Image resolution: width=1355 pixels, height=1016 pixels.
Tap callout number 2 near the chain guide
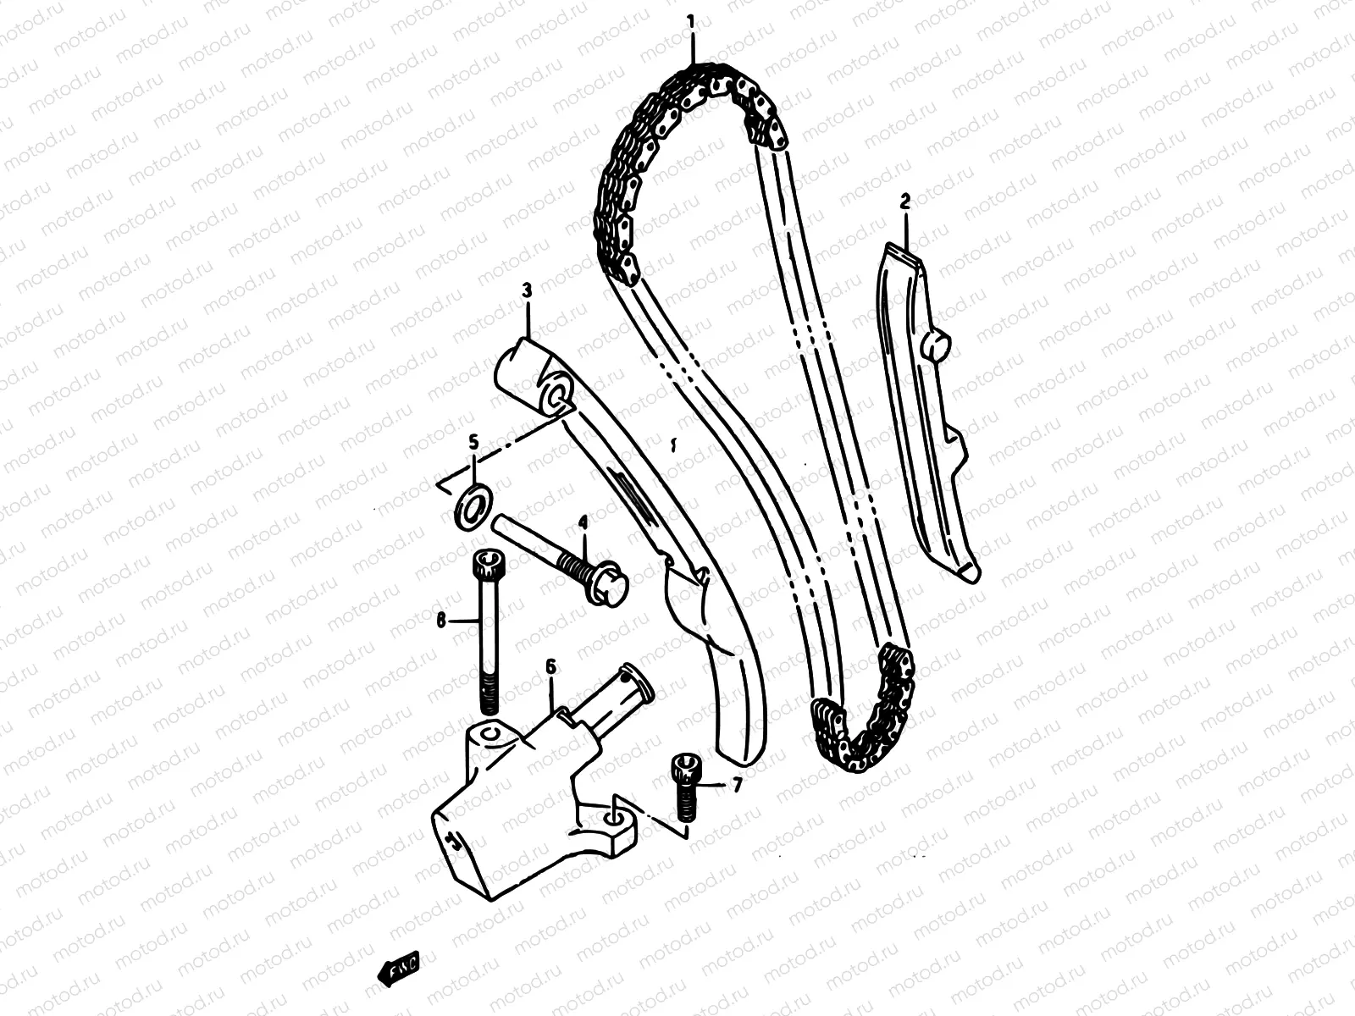(904, 202)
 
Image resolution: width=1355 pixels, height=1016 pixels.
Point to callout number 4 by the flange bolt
(583, 522)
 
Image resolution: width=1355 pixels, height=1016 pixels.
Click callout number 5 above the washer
(473, 441)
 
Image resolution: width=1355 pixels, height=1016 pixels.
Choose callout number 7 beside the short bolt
(737, 786)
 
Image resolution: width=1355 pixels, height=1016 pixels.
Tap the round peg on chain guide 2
(940, 345)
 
